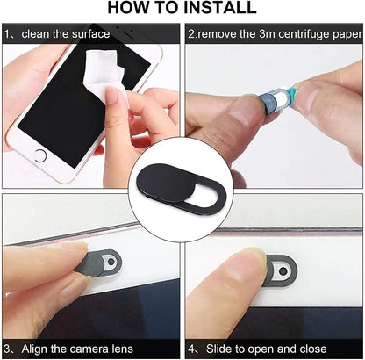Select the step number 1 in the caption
pyautogui.click(x=8, y=35)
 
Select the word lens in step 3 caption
pyautogui.click(x=123, y=347)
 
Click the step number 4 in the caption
pyautogui.click(x=190, y=347)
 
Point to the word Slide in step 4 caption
pyautogui.click(x=215, y=347)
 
